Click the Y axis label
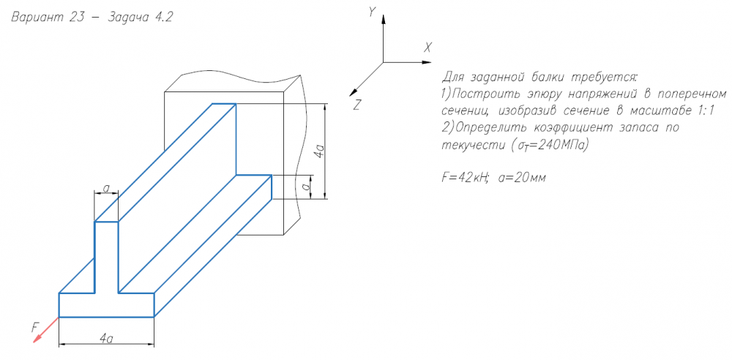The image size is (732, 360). click(373, 12)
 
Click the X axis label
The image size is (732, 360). click(427, 47)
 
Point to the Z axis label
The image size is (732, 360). click(356, 105)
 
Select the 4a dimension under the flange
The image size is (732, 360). click(106, 337)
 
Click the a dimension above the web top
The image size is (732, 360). click(106, 189)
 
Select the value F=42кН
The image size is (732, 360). click(461, 177)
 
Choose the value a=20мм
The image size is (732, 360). click(521, 177)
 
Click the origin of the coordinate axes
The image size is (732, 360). click(383, 62)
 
